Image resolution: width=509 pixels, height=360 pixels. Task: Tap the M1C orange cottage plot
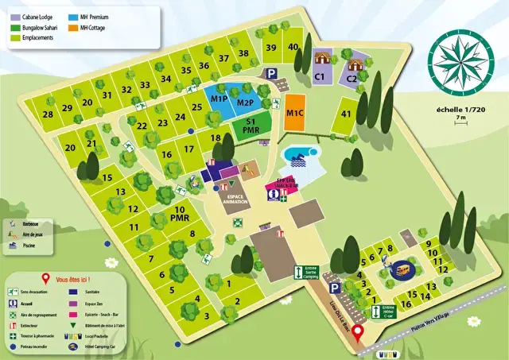(x=293, y=113)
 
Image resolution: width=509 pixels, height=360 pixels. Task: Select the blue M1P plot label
(x=220, y=99)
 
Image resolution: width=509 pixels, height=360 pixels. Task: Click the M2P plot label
(x=245, y=103)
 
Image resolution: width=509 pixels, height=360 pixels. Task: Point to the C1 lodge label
(x=320, y=77)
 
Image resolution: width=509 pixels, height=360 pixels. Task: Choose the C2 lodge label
(x=352, y=79)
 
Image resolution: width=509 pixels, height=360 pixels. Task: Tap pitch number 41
(x=346, y=114)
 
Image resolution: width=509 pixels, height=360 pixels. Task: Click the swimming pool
(x=301, y=153)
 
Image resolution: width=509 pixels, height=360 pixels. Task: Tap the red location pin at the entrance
(x=357, y=332)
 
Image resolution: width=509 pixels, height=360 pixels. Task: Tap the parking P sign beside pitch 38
(x=272, y=73)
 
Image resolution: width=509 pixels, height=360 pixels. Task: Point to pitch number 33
(x=146, y=86)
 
